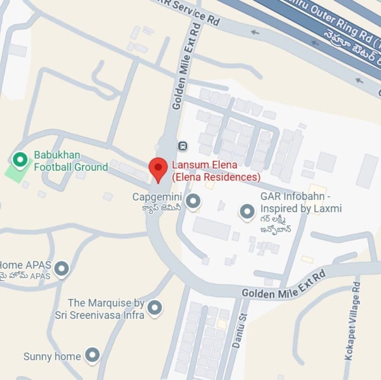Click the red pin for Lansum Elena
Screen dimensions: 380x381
[x=158, y=169]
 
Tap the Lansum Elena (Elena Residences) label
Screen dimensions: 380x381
[x=216, y=171]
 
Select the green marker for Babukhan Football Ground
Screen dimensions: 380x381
[x=20, y=160]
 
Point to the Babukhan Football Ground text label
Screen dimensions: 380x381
[x=71, y=160]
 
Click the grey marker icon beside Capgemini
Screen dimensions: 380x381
[x=193, y=202]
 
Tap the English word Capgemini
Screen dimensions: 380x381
[x=156, y=197]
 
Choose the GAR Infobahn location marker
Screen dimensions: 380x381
[x=247, y=212]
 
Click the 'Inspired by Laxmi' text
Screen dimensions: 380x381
[x=301, y=208]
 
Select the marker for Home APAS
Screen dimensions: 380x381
[x=62, y=269]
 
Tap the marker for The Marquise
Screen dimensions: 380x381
[x=154, y=308]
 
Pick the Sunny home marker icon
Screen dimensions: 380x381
[x=93, y=355]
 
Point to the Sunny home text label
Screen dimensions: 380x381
[x=52, y=356]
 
